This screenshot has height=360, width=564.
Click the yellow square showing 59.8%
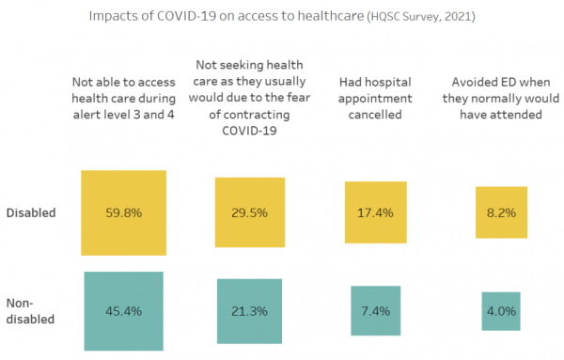click(123, 212)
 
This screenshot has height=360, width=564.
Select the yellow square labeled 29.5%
click(249, 212)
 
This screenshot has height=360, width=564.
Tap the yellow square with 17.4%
click(375, 212)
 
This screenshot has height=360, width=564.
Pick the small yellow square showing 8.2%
click(500, 212)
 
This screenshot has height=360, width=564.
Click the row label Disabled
click(30, 212)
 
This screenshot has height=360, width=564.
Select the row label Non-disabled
click(30, 310)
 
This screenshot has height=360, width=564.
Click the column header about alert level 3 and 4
click(123, 94)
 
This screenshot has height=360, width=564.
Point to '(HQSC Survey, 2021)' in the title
click(417, 17)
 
